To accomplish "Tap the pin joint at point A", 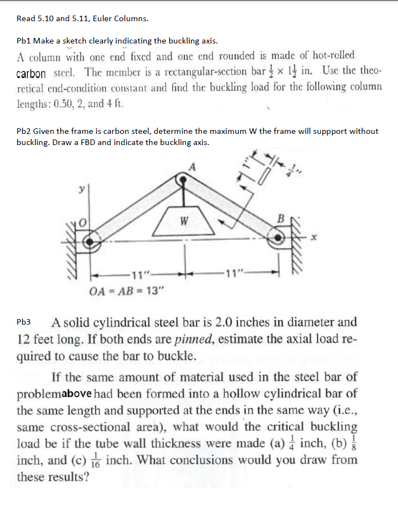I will tap(182, 180).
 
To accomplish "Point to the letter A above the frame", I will tap(193, 166).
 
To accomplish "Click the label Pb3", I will tap(25, 322).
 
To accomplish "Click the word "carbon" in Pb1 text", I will tap(31, 74).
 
